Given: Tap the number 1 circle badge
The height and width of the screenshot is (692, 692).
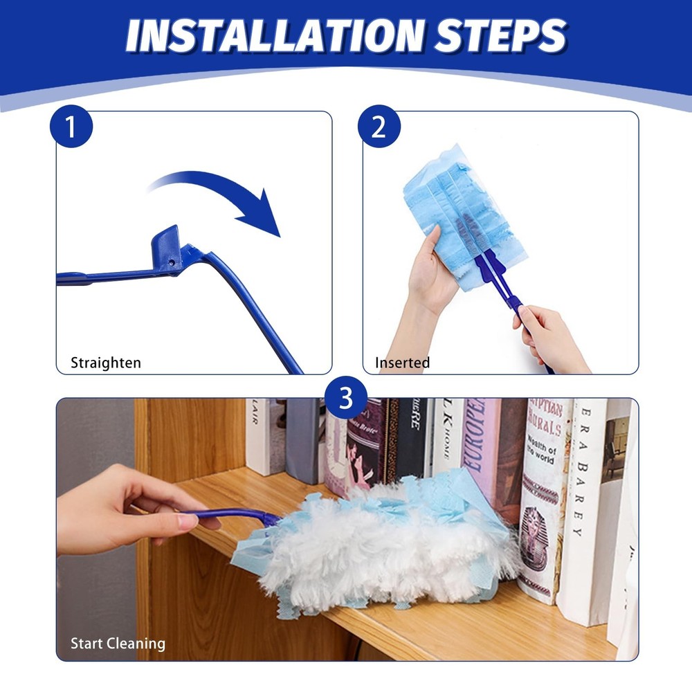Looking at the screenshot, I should click(x=71, y=127).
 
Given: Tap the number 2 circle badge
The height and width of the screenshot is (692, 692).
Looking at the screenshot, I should click(x=378, y=127).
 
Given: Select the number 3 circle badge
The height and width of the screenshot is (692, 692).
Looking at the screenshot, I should click(x=345, y=399).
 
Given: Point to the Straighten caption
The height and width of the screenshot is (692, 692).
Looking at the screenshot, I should click(x=106, y=363).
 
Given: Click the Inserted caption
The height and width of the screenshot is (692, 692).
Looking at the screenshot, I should click(x=402, y=363).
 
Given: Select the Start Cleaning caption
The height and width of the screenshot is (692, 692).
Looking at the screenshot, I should click(x=118, y=644).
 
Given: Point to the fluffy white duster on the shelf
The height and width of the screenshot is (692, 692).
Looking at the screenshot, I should click(x=388, y=547).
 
